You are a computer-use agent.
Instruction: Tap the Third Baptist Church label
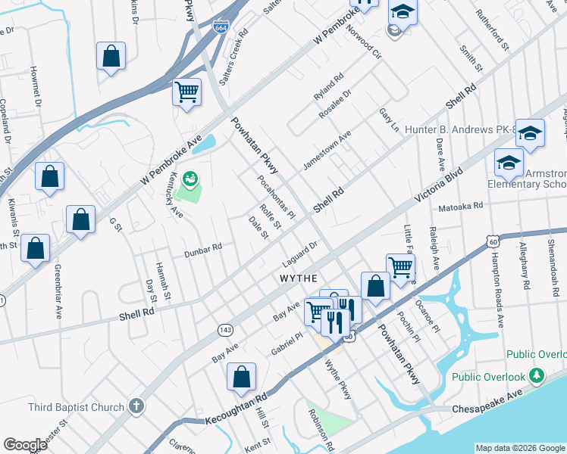(x=76, y=407)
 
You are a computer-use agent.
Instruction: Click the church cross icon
(x=136, y=406)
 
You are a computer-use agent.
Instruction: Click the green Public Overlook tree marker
(x=537, y=375)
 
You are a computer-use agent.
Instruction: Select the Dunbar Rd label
(x=202, y=250)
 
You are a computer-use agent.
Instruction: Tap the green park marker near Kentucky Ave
(x=190, y=179)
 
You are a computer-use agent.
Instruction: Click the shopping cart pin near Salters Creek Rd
(x=186, y=94)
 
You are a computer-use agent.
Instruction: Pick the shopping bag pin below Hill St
(x=241, y=376)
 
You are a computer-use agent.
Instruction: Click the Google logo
(x=26, y=445)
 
